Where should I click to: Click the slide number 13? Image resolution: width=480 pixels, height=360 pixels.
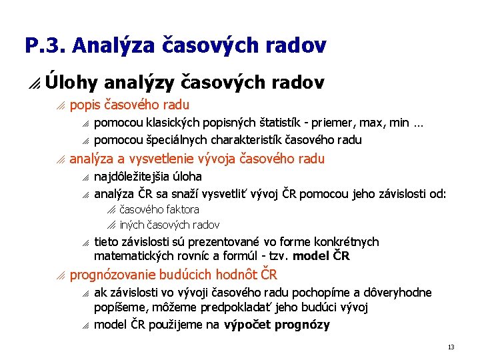(451, 347)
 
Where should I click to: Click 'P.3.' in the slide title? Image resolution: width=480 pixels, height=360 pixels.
(45, 45)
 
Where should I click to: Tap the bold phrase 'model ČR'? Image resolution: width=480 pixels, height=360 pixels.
(321, 256)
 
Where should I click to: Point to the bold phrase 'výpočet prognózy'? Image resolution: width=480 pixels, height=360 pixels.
(277, 325)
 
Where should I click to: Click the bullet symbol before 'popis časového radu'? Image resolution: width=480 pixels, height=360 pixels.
(61, 105)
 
